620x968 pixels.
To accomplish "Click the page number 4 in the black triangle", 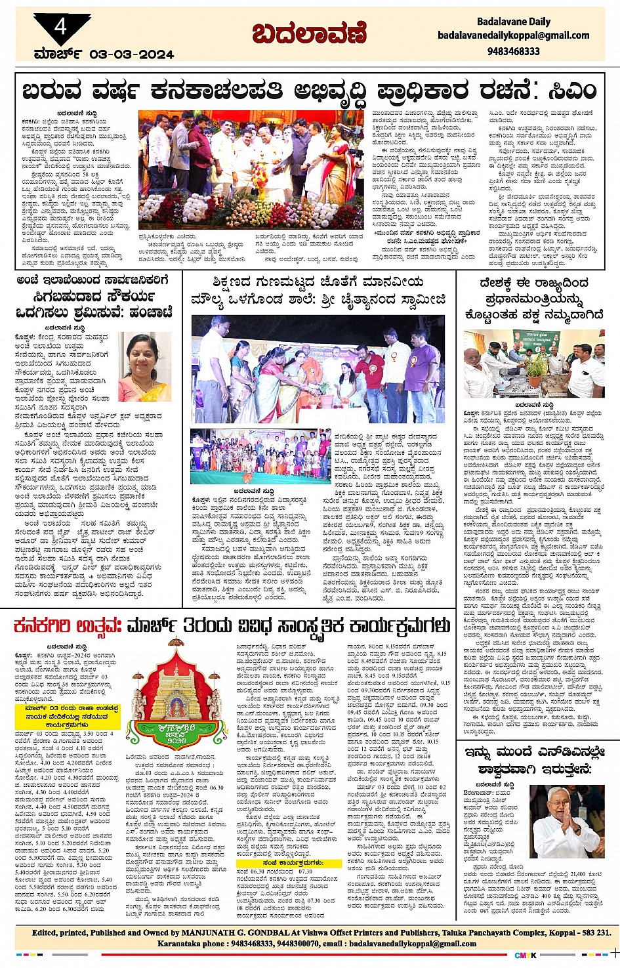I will click(61, 26).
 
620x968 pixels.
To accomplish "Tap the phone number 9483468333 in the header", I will click(514, 51).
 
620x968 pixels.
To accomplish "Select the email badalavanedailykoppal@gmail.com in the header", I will click(514, 36).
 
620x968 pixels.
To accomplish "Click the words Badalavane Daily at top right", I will click(514, 22).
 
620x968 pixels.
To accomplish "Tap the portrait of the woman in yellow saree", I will click(144, 367).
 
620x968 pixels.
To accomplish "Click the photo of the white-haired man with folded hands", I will click(568, 822).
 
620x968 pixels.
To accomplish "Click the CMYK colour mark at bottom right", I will click(525, 955).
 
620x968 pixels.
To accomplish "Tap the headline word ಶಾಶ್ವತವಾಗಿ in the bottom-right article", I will click(505, 768).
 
